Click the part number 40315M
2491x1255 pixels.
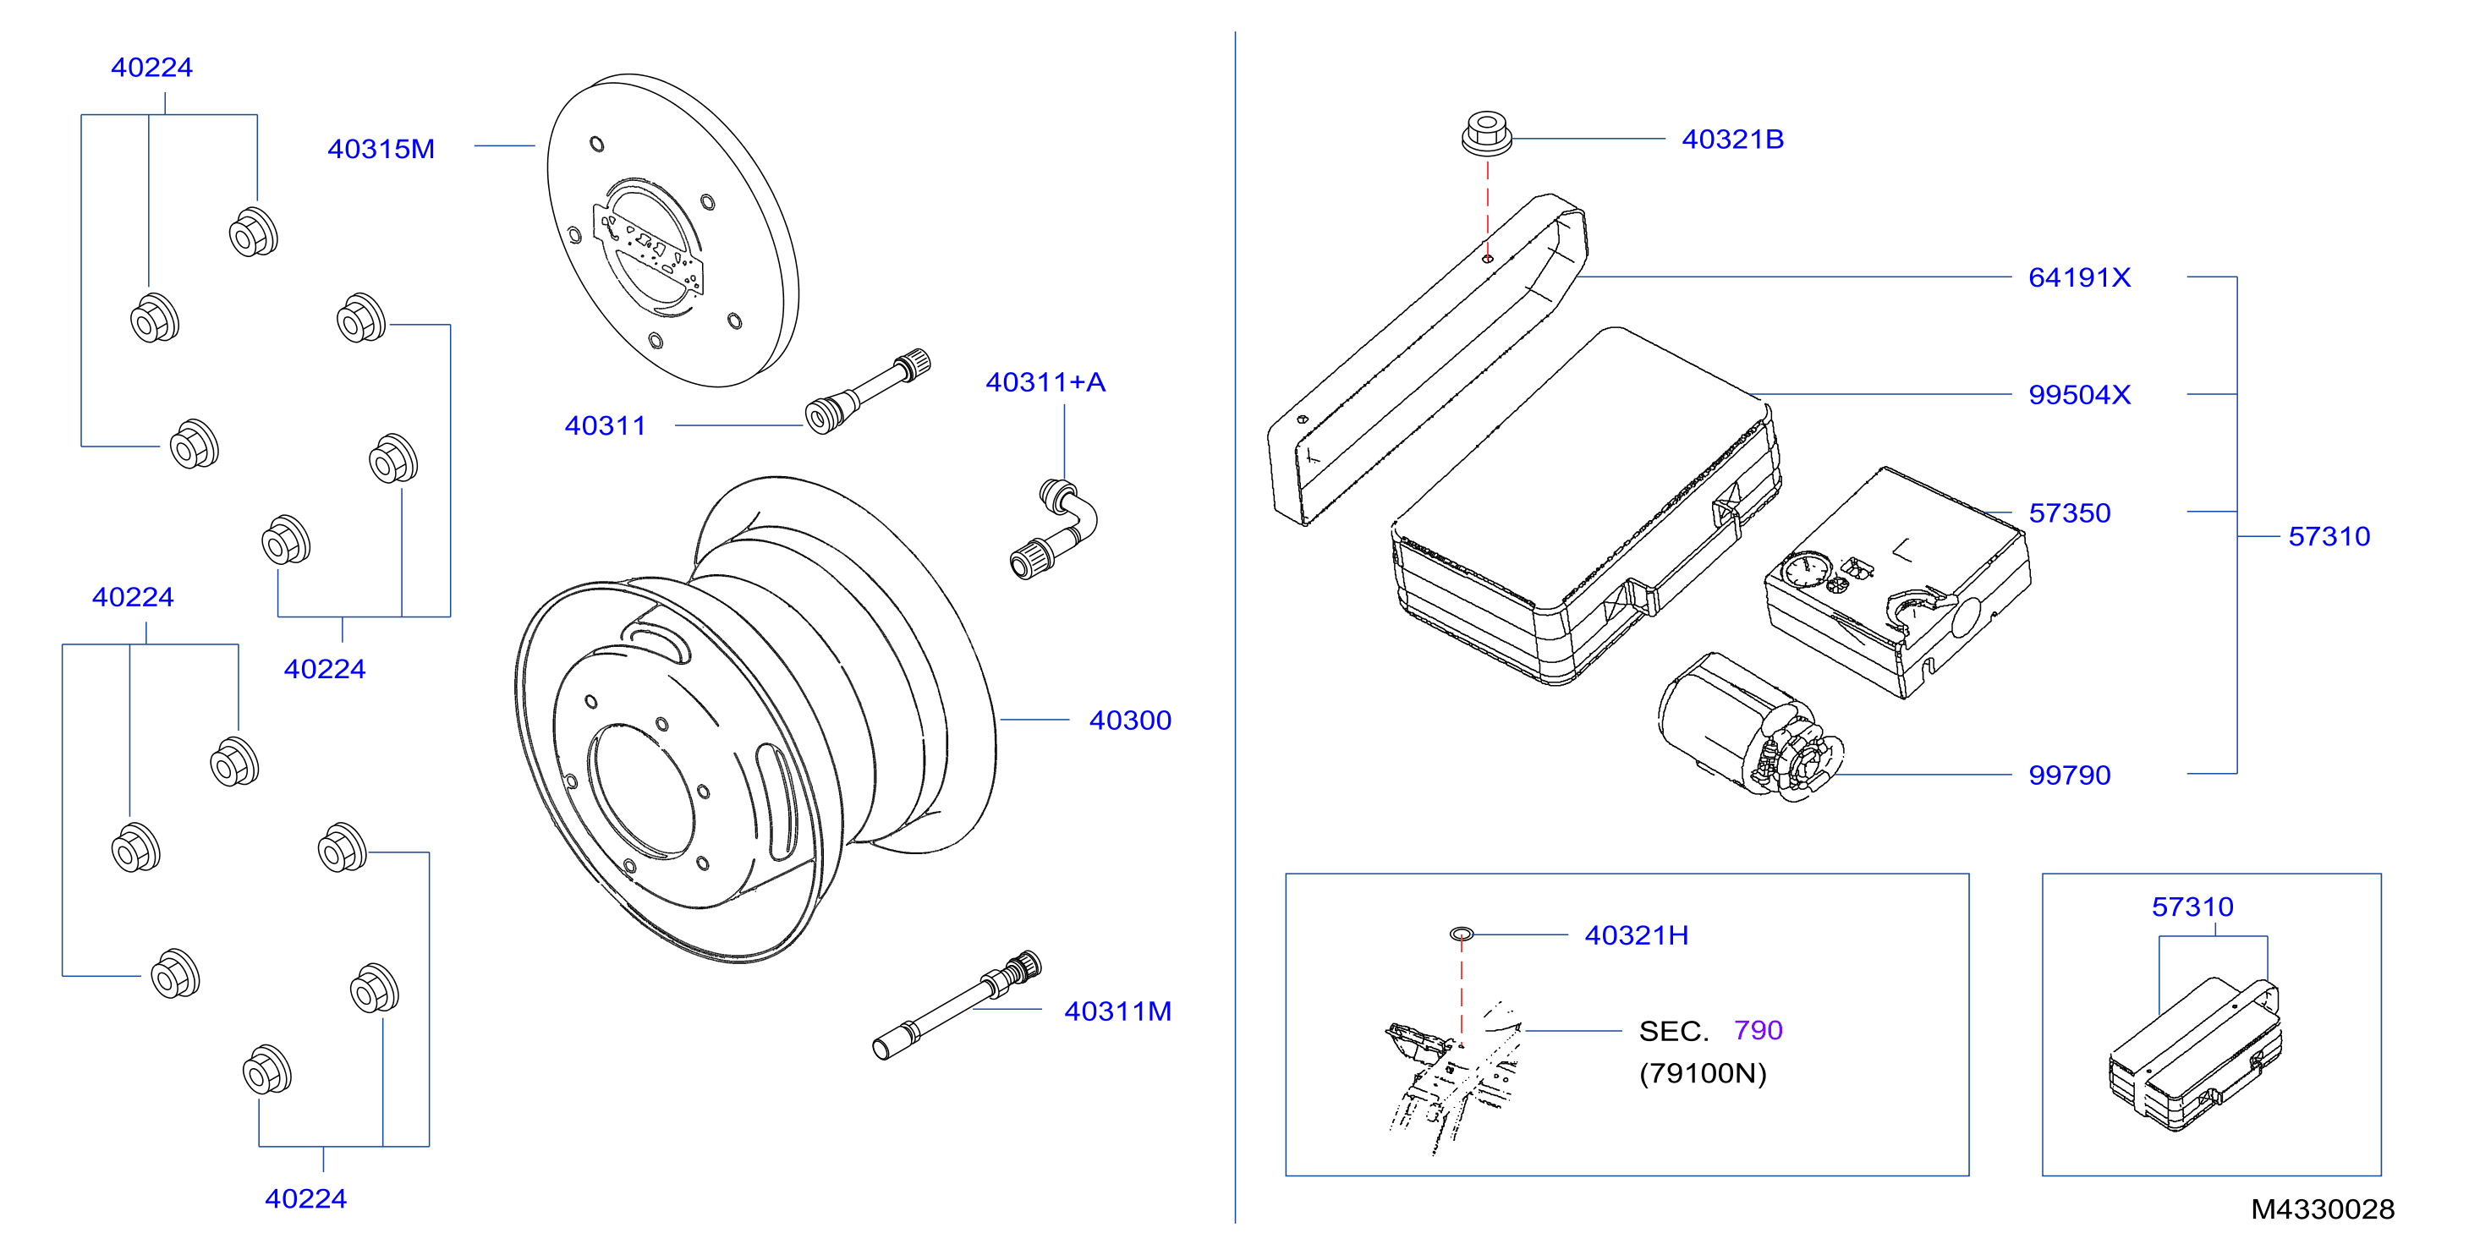coord(381,149)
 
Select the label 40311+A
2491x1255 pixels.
coord(1045,382)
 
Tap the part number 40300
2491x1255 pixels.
coord(1129,721)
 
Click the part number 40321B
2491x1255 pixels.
coord(1732,140)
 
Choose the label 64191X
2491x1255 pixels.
coord(2079,277)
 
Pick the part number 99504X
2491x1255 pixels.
coord(2079,394)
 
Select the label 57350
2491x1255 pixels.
coord(2070,513)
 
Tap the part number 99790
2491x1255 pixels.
coord(2070,775)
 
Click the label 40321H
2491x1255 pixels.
coord(1636,935)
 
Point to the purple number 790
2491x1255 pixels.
coord(1758,1031)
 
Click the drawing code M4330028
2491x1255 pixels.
coord(2323,1209)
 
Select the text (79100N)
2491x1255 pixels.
coord(1703,1073)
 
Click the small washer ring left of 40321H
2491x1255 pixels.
coord(1461,933)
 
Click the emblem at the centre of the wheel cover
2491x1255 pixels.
coord(648,247)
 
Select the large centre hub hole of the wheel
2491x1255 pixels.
coord(641,790)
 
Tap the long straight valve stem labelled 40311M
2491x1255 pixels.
coord(957,1005)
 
